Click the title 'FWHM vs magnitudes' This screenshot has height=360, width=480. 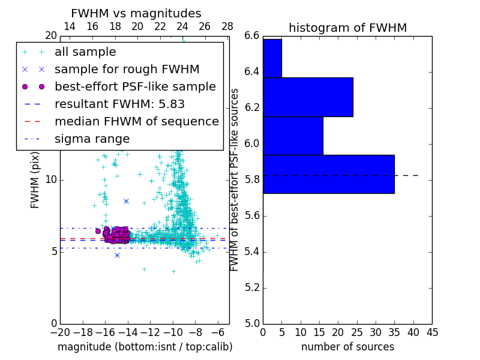point(136,13)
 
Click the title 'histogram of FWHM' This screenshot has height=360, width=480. point(347,28)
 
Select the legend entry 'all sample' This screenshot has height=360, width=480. point(85,52)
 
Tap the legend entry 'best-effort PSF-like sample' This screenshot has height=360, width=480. point(135,86)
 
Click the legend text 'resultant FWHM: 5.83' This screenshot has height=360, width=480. point(119,104)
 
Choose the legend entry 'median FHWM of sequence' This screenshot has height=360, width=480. point(136,121)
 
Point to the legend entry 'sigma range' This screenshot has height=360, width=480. point(92,139)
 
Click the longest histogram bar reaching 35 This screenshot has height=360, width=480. point(328,174)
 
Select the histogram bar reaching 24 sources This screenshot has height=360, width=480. point(308,97)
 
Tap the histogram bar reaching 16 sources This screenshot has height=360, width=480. point(293,136)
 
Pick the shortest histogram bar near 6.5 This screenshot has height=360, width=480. point(272,58)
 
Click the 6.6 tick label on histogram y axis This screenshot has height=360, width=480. point(252,36)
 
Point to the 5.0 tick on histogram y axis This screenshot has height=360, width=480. point(252,323)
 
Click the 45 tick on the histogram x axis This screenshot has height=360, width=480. point(431,332)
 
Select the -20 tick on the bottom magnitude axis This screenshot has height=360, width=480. point(59,332)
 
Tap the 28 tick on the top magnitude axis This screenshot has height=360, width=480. point(227,27)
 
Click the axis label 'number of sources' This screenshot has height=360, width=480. point(347,347)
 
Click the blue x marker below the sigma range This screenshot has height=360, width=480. point(117,255)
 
